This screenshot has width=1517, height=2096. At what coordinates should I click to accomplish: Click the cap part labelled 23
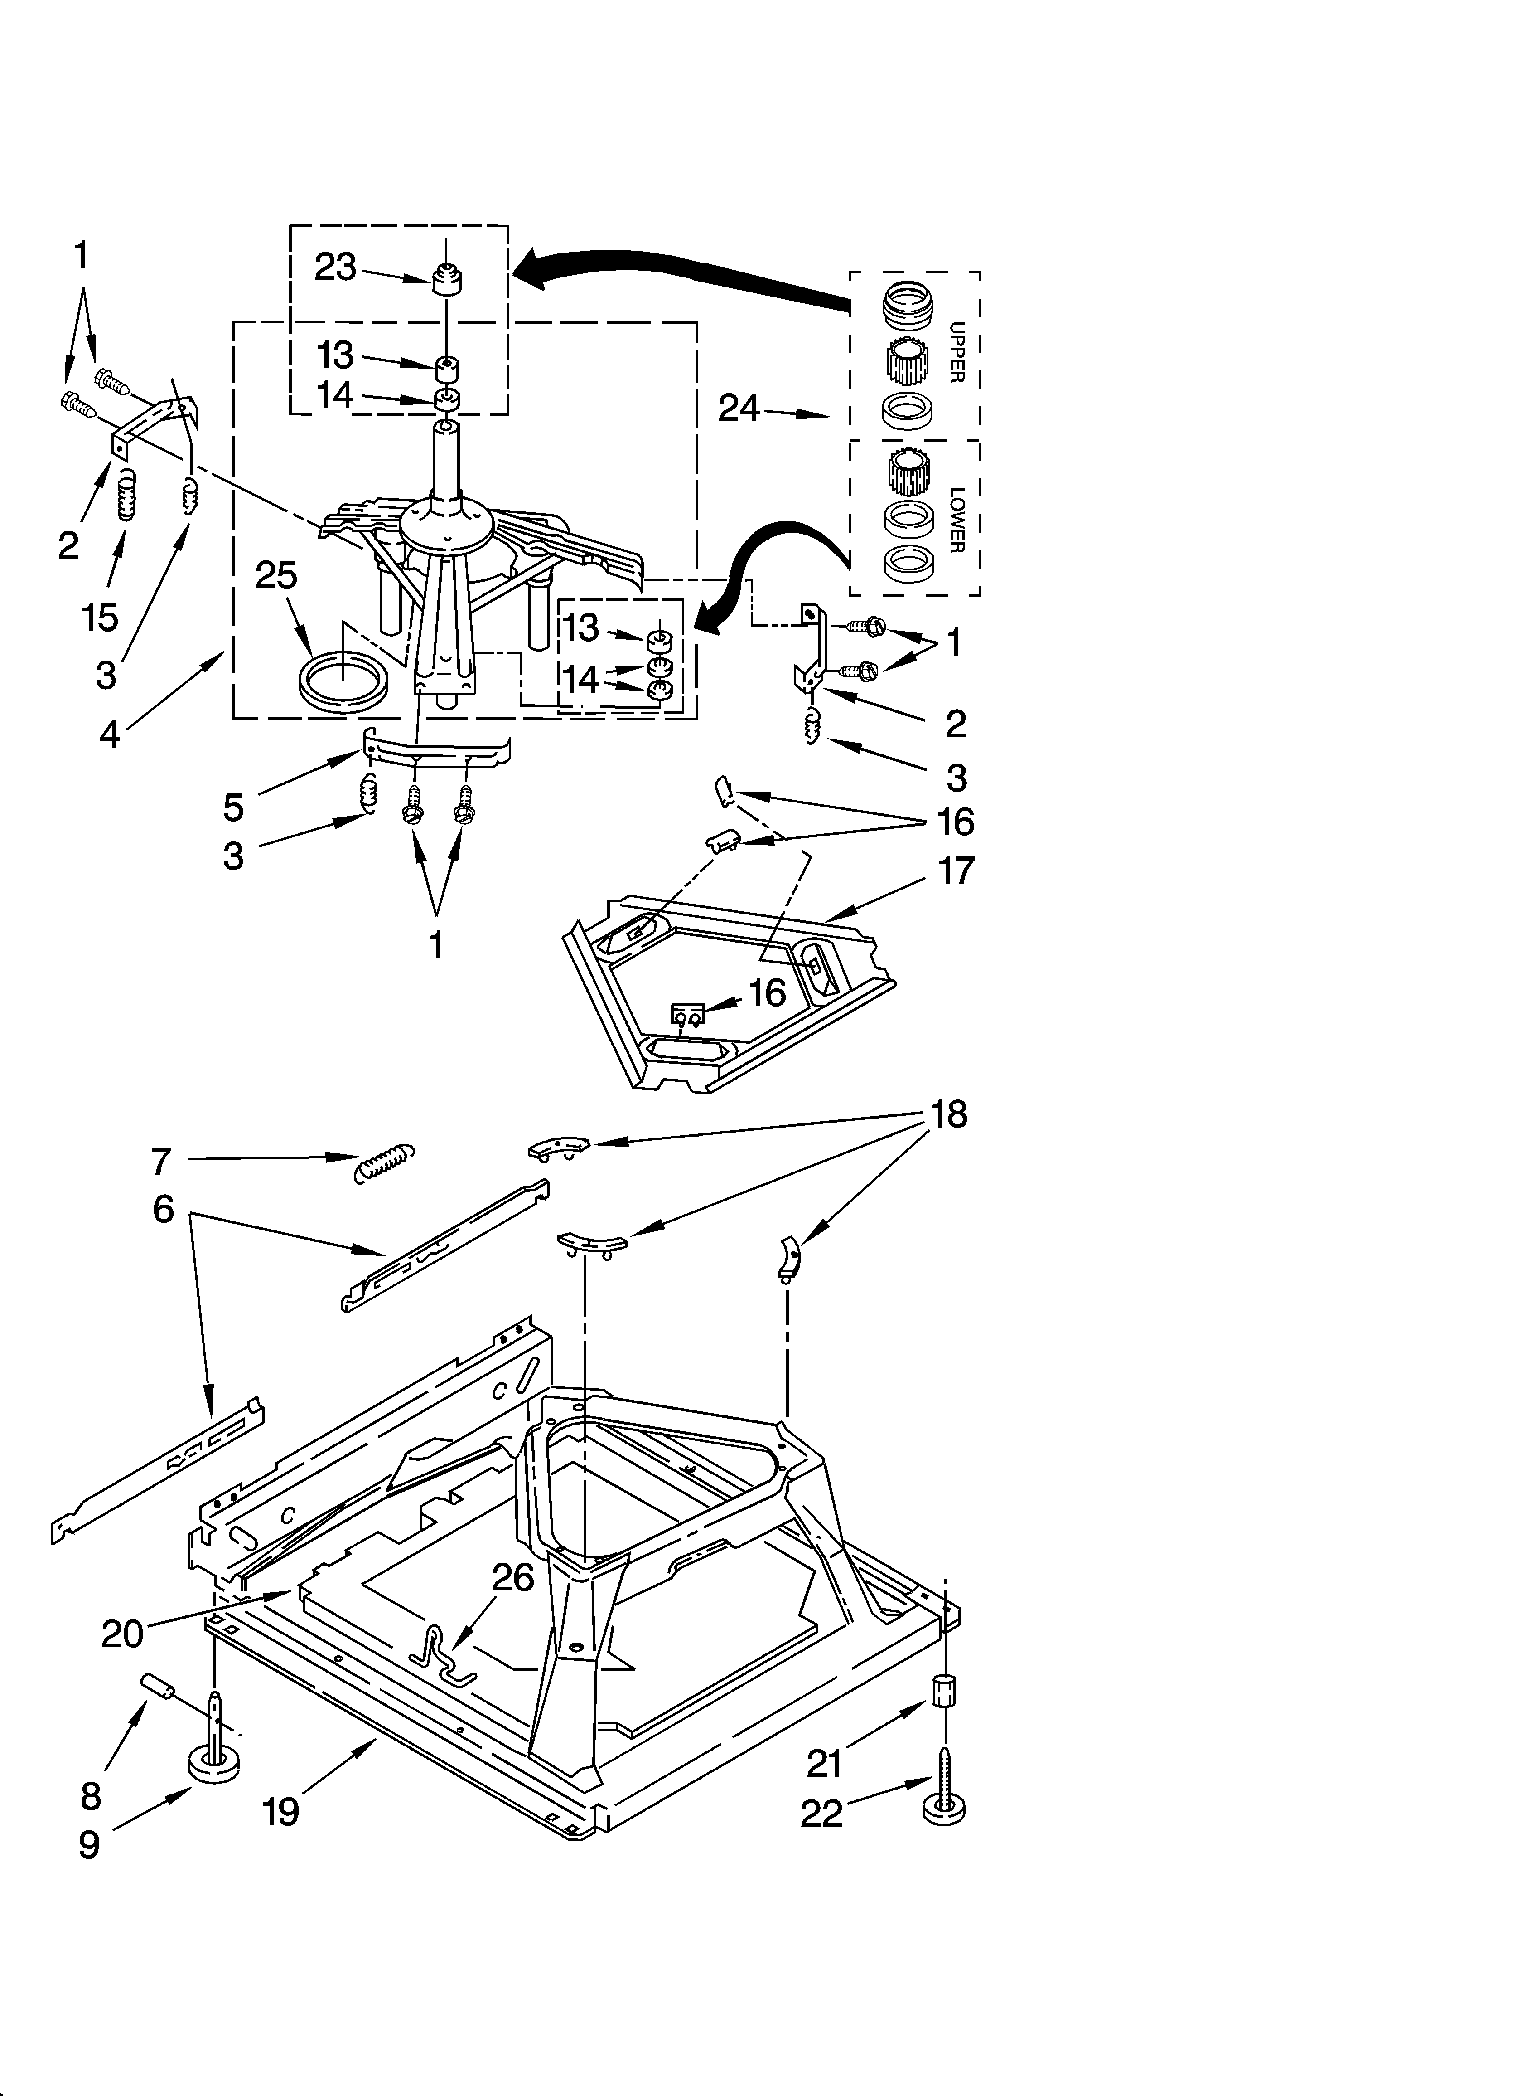[448, 278]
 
